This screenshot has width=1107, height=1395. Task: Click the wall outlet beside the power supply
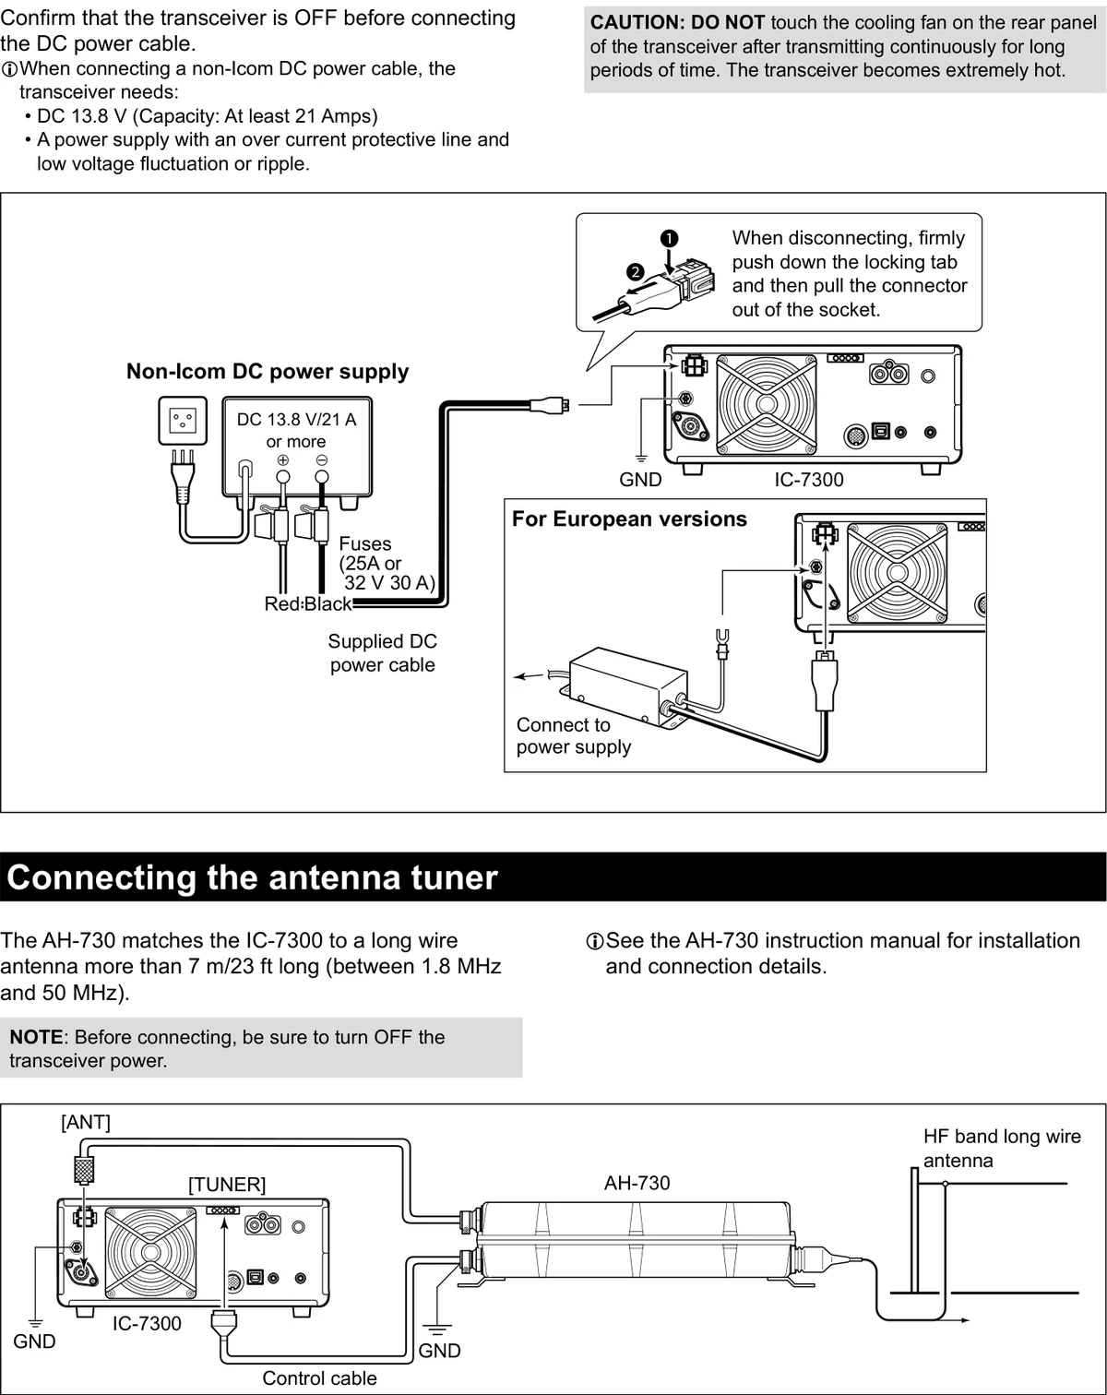(x=183, y=421)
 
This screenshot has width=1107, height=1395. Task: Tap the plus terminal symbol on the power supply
(x=283, y=460)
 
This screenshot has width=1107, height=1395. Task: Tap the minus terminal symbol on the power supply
(x=321, y=460)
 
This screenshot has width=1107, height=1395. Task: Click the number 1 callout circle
(x=669, y=239)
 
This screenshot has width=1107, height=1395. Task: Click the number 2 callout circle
(x=637, y=271)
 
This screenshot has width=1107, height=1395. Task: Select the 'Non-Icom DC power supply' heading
(x=268, y=372)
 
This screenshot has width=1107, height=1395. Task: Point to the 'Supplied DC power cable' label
(x=383, y=653)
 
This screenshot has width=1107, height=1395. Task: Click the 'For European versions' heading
(x=629, y=519)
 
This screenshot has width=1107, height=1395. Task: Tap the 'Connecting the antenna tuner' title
(x=252, y=877)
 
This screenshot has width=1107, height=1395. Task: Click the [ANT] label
(x=86, y=1122)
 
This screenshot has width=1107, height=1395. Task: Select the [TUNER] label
(x=227, y=1185)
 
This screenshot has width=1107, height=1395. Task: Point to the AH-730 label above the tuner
(x=637, y=1183)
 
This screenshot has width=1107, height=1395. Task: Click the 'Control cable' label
(x=319, y=1378)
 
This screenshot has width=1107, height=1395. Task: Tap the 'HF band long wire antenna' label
(x=1002, y=1148)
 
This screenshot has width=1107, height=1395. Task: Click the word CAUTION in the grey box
(x=637, y=23)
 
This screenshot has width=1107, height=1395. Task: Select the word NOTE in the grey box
(x=36, y=1037)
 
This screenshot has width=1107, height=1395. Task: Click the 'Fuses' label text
(x=365, y=543)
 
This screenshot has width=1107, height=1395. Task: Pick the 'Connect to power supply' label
(x=574, y=735)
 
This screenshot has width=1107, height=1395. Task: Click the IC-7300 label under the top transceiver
(x=809, y=480)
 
